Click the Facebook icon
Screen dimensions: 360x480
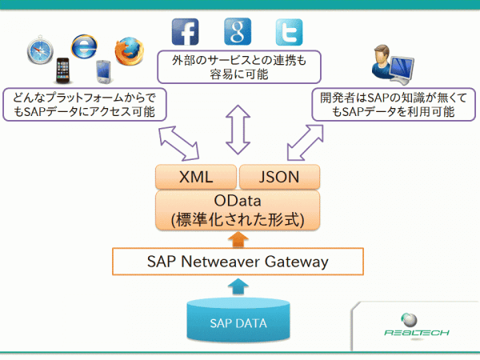[x=185, y=31]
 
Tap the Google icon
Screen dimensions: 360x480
[x=238, y=31]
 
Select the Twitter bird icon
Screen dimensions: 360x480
[x=290, y=31]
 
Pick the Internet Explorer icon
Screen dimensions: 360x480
[x=83, y=46]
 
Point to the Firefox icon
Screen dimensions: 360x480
[x=128, y=51]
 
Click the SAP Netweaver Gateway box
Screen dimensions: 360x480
[x=238, y=261]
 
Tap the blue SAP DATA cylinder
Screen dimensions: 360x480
[x=238, y=322]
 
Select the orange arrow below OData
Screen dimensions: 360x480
[x=238, y=239]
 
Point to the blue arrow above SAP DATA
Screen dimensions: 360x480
[x=238, y=285]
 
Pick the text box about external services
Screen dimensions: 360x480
[x=238, y=67]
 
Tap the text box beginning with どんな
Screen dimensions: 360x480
[x=84, y=105]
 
